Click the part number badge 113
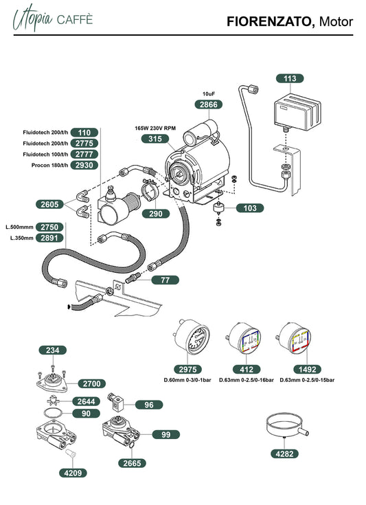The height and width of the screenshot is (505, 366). tap(290, 78)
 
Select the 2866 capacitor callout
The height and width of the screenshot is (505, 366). tap(209, 104)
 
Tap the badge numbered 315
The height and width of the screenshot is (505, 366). tap(155, 139)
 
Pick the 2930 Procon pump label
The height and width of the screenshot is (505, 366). tap(84, 165)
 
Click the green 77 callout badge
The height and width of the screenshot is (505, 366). tap(165, 280)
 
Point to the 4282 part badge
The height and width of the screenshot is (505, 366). tap(284, 453)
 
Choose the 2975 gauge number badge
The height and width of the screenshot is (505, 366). tap(187, 370)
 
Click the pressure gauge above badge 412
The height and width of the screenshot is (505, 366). tap(244, 338)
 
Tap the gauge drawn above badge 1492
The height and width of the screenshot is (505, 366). tap(294, 338)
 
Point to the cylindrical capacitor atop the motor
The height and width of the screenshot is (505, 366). tap(200, 132)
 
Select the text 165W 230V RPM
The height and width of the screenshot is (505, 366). tap(155, 128)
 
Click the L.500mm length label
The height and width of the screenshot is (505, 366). tap(19, 227)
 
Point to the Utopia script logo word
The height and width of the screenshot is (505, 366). tap(32, 19)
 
